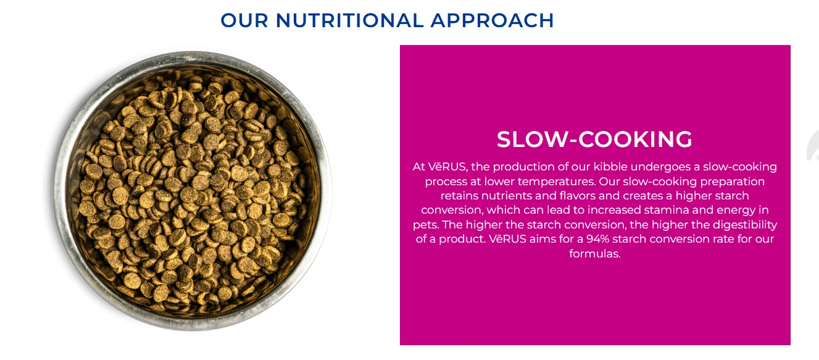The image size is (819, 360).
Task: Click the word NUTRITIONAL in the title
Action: [x=349, y=20]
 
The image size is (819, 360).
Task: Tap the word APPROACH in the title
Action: [x=492, y=20]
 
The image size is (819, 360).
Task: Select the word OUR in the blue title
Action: [x=244, y=20]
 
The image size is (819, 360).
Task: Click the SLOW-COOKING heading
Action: [x=594, y=139]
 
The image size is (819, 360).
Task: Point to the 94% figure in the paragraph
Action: [x=598, y=239]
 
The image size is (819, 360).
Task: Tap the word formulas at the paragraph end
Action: [x=594, y=254]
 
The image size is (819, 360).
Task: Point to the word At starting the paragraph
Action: [x=419, y=167]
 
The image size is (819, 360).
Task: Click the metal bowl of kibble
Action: [x=191, y=191]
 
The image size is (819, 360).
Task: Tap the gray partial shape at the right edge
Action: [x=813, y=146]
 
